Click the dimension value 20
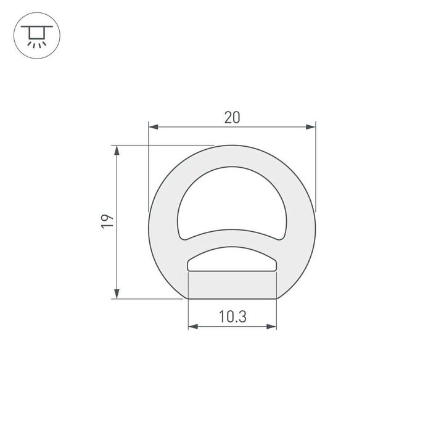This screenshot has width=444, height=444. pyautogui.click(x=232, y=117)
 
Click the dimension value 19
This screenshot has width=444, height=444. pyautogui.click(x=107, y=222)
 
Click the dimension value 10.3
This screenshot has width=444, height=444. pyautogui.click(x=232, y=317)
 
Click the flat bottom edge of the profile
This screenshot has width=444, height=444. pyautogui.click(x=232, y=298)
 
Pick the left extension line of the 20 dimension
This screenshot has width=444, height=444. pyautogui.click(x=149, y=166)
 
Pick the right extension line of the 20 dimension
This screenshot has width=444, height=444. pyautogui.click(x=315, y=166)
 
